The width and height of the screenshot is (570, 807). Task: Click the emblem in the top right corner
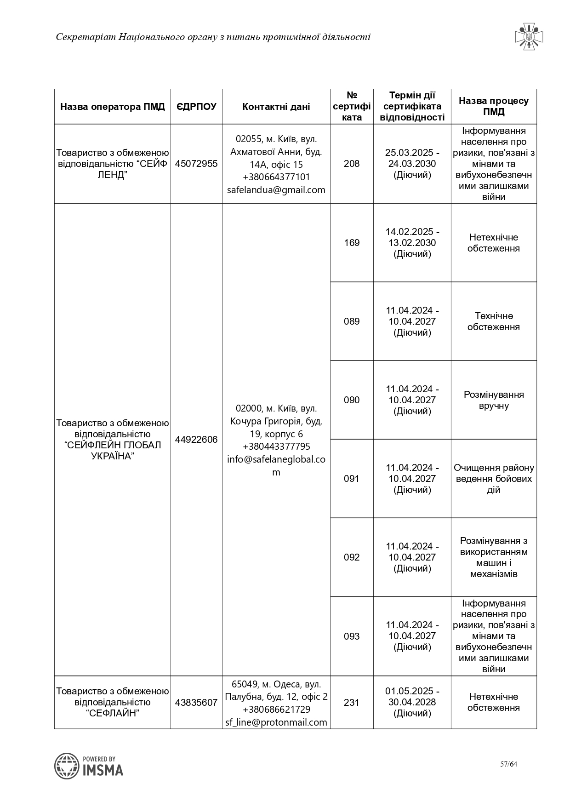click(529, 36)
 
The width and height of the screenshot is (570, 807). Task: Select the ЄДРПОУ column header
click(196, 107)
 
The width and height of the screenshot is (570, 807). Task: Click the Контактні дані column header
click(276, 107)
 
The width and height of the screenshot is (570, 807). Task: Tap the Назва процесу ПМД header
click(494, 106)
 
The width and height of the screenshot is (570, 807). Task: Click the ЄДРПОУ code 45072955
click(196, 164)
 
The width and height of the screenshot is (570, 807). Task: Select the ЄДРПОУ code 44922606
click(196, 440)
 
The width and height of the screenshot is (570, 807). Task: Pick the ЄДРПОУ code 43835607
click(196, 703)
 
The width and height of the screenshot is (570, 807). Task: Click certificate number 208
click(352, 164)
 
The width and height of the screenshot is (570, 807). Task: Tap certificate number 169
click(352, 243)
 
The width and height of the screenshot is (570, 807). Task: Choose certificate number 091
click(352, 479)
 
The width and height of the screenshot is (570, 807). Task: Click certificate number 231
click(352, 703)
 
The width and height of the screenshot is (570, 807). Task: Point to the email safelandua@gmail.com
click(276, 190)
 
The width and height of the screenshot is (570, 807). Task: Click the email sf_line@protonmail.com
click(276, 722)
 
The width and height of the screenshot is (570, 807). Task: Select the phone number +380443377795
click(276, 446)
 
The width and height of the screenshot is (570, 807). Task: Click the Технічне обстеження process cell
click(494, 321)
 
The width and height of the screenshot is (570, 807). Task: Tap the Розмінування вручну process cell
click(494, 400)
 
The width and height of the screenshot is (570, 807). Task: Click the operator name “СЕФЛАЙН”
click(113, 713)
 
